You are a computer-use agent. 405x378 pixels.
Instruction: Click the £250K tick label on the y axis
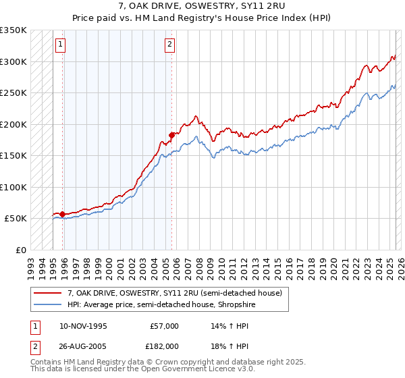tap(13, 92)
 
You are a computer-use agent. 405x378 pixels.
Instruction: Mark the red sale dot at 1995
tap(62, 214)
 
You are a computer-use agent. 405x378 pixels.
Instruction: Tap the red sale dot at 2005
tap(171, 135)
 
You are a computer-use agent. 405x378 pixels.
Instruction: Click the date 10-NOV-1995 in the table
tap(83, 326)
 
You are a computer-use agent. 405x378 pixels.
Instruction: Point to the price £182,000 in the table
tap(163, 346)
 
